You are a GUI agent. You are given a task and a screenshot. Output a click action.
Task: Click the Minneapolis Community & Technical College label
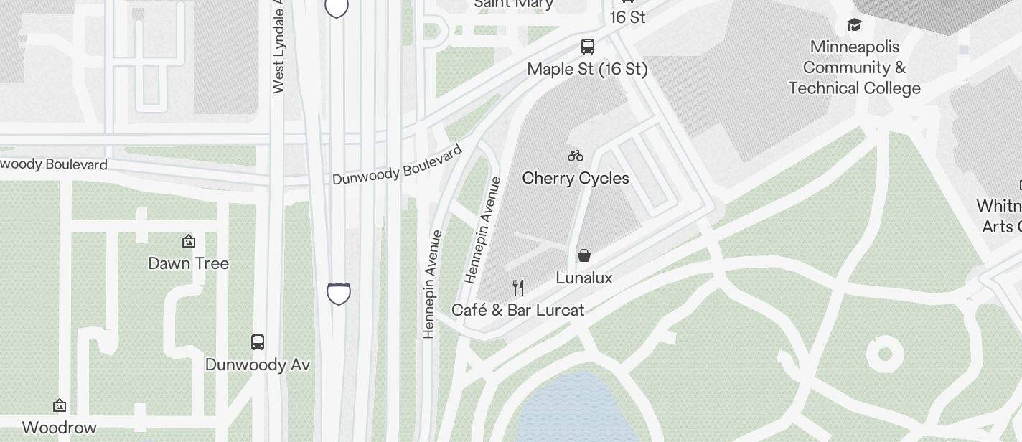pyautogui.click(x=854, y=67)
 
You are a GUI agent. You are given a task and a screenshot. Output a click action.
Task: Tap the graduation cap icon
pyautogui.click(x=854, y=25)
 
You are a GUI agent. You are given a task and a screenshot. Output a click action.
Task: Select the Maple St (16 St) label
pyautogui.click(x=587, y=69)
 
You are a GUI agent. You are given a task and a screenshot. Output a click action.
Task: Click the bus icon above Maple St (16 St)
pyautogui.click(x=588, y=47)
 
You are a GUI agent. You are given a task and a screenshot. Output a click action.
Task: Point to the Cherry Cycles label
pyautogui.click(x=576, y=178)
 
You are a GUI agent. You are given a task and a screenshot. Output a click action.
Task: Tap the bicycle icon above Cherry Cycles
pyautogui.click(x=576, y=155)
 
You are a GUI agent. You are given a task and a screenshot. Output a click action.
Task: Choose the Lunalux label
pyautogui.click(x=584, y=278)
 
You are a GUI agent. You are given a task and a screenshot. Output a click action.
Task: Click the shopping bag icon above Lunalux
pyautogui.click(x=584, y=255)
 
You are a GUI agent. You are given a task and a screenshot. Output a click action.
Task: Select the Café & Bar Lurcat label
pyautogui.click(x=518, y=310)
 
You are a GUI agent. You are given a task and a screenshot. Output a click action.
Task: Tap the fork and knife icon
pyautogui.click(x=518, y=288)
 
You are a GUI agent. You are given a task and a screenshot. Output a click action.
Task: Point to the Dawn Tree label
pyautogui.click(x=189, y=263)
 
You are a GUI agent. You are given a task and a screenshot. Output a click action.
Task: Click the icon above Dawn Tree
pyautogui.click(x=189, y=241)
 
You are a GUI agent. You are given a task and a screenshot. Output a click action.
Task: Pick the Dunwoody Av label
pyautogui.click(x=258, y=365)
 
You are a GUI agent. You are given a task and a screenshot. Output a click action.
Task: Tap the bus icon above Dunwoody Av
pyautogui.click(x=258, y=342)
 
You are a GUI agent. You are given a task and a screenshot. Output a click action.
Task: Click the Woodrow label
pyautogui.click(x=60, y=428)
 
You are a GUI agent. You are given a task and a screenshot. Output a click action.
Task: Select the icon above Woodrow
pyautogui.click(x=60, y=405)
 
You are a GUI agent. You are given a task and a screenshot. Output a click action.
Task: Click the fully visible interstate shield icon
pyautogui.click(x=339, y=293)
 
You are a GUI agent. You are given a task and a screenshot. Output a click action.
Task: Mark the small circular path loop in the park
pyautogui.click(x=884, y=354)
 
